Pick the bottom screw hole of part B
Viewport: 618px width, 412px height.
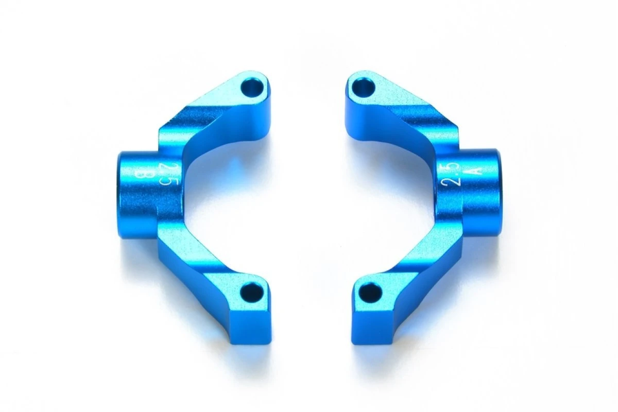click(253, 291)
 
